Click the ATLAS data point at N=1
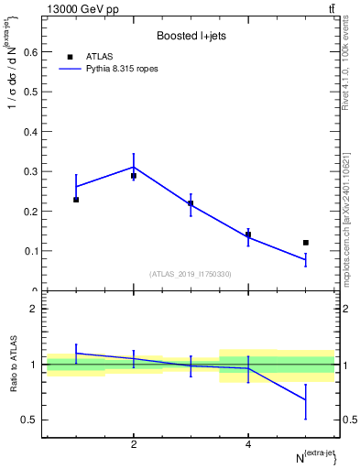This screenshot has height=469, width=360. tap(76, 199)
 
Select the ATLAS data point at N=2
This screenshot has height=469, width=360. tap(134, 176)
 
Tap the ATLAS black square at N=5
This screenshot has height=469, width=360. tap(306, 243)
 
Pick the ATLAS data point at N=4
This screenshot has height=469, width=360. tap(248, 234)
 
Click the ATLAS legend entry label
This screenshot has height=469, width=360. tap(99, 56)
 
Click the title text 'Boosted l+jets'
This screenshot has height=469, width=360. tap(191, 36)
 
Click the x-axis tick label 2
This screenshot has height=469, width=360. tap(134, 444)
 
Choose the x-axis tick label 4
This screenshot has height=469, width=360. tap(248, 444)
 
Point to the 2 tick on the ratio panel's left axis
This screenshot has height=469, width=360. tap(33, 309)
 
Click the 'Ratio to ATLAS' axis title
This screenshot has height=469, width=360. tap(13, 364)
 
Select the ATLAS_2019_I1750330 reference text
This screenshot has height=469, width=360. tap(191, 274)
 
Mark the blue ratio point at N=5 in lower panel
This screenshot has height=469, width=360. tap(306, 399)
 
